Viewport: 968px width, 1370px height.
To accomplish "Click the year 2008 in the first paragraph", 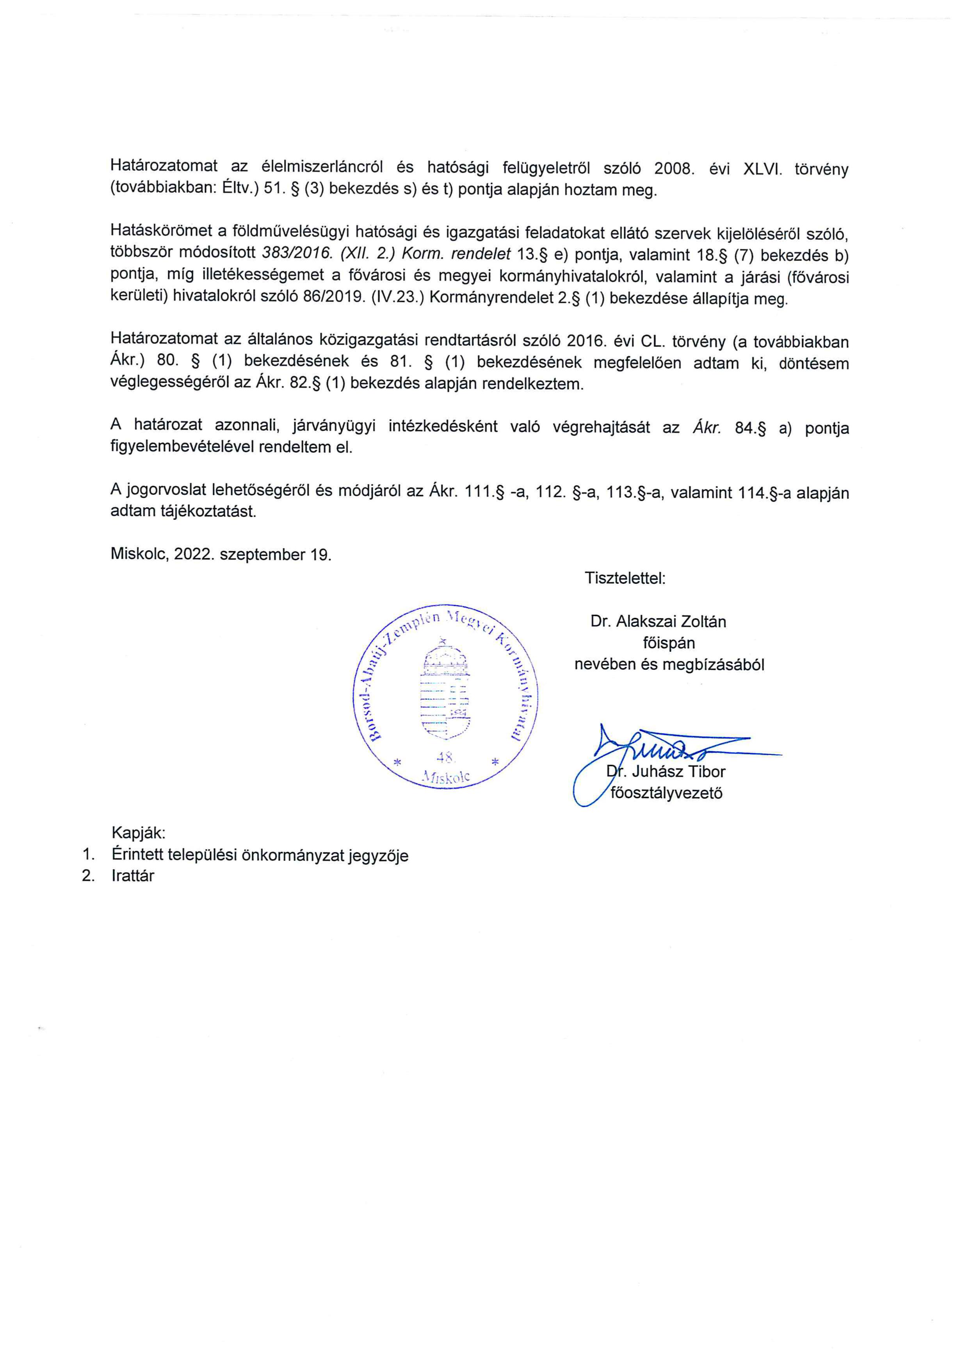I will [x=674, y=169].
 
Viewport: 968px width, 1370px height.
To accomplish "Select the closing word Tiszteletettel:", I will [x=625, y=578].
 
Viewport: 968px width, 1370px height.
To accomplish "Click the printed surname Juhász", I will [x=658, y=772].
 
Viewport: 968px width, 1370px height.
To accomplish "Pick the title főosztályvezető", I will [x=666, y=793].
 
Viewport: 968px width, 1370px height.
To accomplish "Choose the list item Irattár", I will [x=132, y=876].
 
